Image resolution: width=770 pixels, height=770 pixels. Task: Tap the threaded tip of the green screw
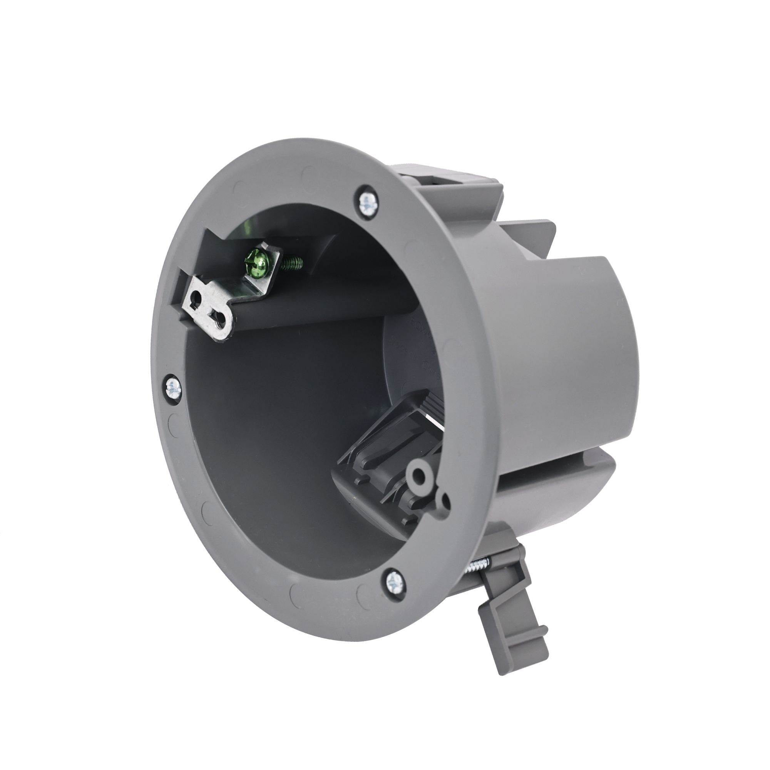tap(295, 263)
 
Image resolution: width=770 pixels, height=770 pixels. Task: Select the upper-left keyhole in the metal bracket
tap(195, 297)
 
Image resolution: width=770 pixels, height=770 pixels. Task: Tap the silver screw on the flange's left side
tap(173, 386)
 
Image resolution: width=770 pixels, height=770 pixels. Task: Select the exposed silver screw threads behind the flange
tap(478, 566)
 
